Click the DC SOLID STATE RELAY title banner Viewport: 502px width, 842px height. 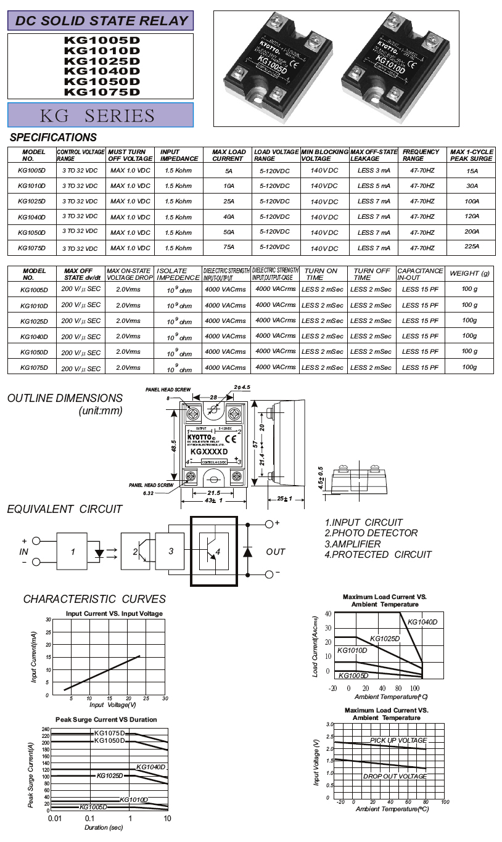(101, 20)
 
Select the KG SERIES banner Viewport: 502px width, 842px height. (101, 115)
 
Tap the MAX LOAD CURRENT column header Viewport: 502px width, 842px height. (229, 155)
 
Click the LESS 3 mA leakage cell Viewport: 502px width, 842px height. (374, 170)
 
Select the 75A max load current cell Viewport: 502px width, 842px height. (229, 248)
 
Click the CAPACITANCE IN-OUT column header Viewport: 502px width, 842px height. (420, 274)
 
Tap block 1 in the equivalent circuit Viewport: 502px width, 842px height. (73, 552)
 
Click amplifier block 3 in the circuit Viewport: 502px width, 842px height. (171, 551)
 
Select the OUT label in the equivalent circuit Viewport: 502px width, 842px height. (276, 552)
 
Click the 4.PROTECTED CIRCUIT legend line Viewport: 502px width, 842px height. (378, 555)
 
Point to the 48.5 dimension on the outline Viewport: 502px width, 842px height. (174, 444)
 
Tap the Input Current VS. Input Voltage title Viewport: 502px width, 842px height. (115, 613)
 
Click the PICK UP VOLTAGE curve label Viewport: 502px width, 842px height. (398, 740)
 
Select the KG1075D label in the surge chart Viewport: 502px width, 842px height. (110, 733)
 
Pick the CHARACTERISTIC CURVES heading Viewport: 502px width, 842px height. (94, 599)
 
